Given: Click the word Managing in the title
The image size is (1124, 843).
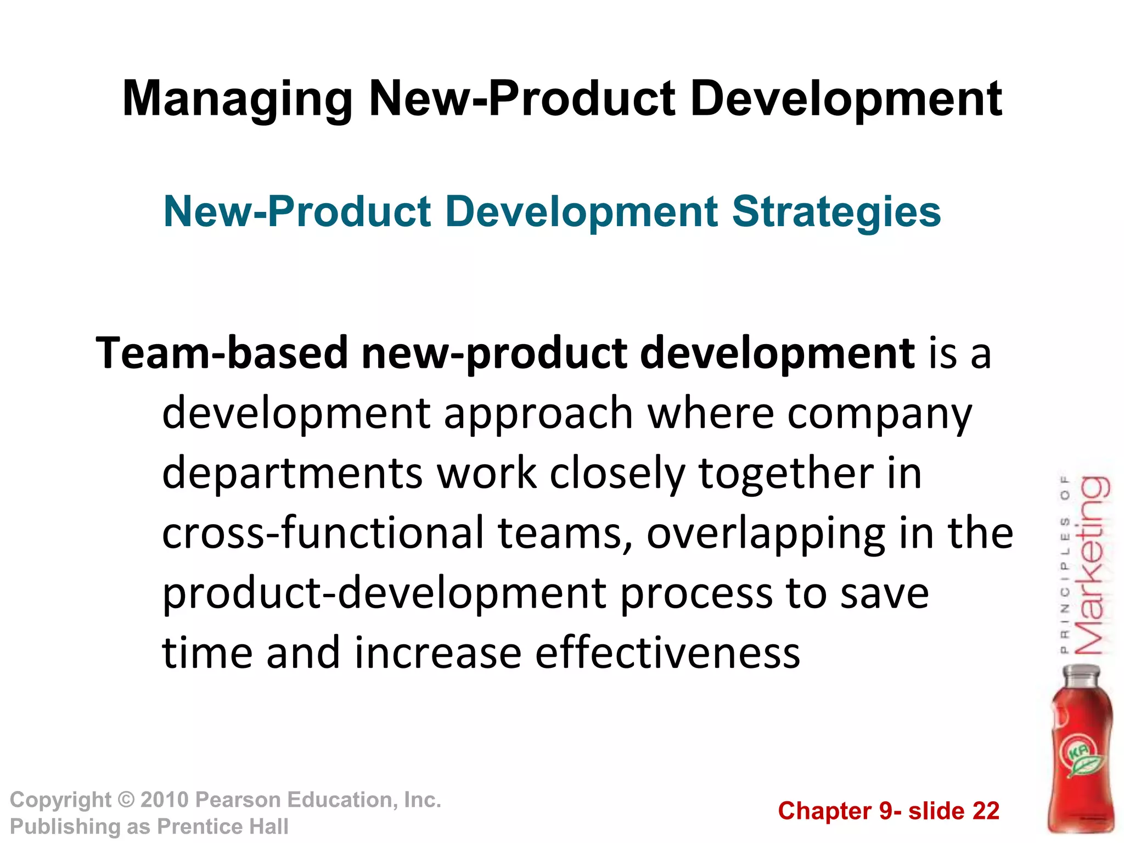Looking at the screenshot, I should [x=237, y=100].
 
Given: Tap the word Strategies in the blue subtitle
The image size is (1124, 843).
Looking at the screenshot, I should [x=836, y=212].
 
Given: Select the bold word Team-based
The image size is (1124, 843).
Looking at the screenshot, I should [x=222, y=353].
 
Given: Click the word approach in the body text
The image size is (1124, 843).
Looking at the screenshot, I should [x=538, y=414].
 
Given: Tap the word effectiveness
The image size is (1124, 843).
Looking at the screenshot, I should [x=667, y=653].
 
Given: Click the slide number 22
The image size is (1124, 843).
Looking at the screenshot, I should [x=986, y=811].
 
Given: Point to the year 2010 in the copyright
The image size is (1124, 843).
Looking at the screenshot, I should [x=165, y=800].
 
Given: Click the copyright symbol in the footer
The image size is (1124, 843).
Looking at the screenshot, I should [x=126, y=800].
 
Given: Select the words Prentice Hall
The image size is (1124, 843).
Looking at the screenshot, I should [x=222, y=827].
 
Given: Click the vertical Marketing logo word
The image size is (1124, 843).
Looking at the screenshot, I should [x=1092, y=565].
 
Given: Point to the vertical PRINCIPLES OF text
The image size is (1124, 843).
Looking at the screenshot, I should [x=1065, y=565].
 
